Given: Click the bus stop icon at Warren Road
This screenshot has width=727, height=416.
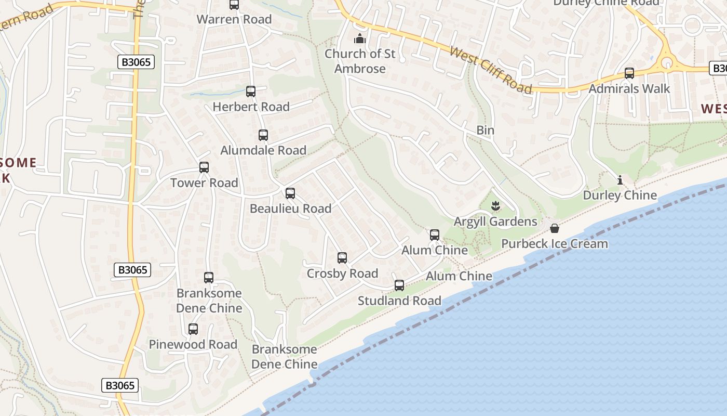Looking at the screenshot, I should [234, 5].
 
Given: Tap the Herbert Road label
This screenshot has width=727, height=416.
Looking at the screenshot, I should [251, 107].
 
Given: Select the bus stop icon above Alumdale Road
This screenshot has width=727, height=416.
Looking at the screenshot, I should [263, 135].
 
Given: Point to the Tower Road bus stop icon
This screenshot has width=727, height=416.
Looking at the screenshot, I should [204, 167].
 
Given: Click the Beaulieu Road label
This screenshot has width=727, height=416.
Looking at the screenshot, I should [290, 209].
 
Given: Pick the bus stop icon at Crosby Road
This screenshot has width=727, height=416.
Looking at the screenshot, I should [342, 258].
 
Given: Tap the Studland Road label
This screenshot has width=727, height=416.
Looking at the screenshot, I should [399, 301].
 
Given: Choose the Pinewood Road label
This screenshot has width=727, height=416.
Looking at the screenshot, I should [193, 344].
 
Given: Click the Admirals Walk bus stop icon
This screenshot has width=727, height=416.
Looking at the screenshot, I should [629, 73].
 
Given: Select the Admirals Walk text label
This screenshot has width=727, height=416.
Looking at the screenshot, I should [629, 88].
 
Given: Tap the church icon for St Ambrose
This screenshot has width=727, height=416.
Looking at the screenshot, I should [359, 38].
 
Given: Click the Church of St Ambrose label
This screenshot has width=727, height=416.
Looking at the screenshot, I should [360, 61].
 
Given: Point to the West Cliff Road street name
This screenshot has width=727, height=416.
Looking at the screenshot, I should [491, 70].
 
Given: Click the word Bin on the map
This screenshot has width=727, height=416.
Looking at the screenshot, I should [486, 130].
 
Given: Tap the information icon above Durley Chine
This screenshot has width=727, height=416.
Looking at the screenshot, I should [620, 180].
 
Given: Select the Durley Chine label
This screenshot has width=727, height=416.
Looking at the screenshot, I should [620, 196].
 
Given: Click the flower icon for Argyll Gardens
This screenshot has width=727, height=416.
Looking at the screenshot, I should [495, 206].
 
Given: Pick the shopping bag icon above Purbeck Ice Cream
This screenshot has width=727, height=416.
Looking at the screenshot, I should [555, 228].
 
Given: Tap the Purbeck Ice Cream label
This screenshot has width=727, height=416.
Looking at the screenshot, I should [555, 243].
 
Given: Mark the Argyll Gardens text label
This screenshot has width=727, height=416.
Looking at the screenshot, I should [495, 222].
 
